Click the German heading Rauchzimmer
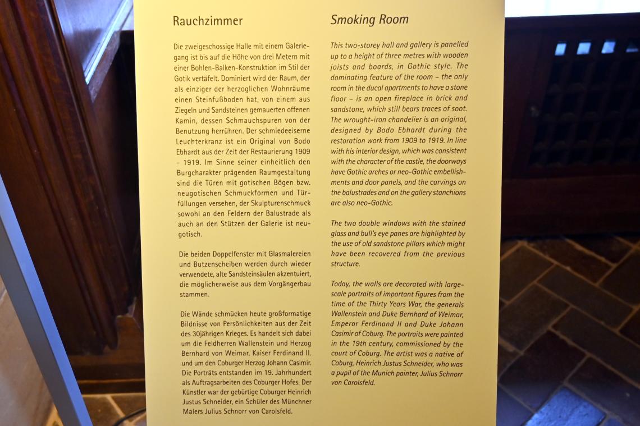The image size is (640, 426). [208, 21]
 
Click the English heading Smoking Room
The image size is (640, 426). [369, 20]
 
